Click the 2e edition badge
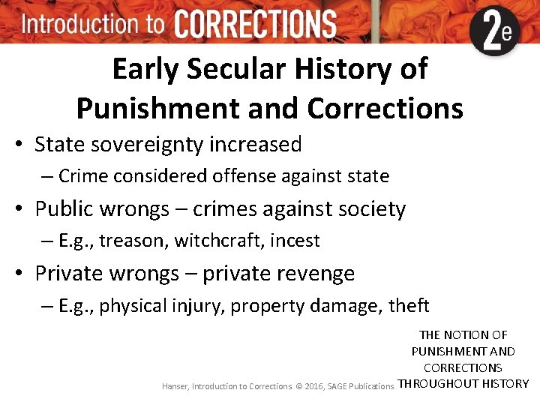pyautogui.click(x=494, y=31)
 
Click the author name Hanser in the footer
pyautogui.click(x=175, y=386)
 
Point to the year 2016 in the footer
pyautogui.click(x=316, y=386)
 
